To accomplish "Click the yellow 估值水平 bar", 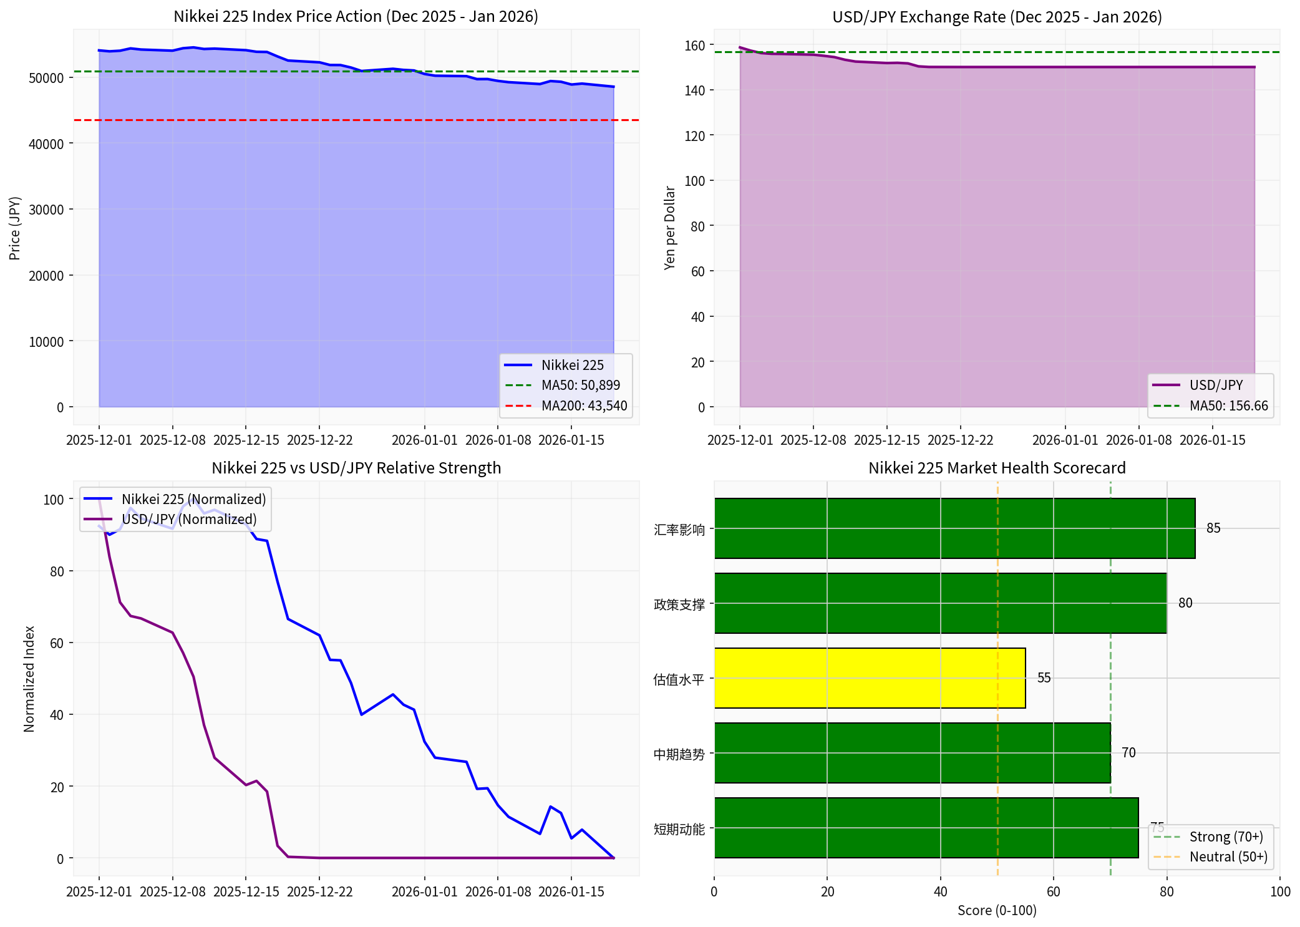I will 870,678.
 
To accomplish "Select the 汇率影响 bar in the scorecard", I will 954,528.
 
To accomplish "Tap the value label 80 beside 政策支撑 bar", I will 1185,603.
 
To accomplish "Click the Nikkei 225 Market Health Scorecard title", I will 997,468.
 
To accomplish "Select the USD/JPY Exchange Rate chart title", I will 997,17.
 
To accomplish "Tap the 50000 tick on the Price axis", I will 46,78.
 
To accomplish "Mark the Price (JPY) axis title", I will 15,228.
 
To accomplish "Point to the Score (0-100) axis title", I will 997,910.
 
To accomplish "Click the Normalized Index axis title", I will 29,679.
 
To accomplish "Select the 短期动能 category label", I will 679,829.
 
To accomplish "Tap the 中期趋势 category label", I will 679,754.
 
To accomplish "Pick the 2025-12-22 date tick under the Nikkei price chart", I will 319,440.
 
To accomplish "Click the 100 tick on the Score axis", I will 1280,891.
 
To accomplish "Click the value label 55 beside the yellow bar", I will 1044,678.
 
